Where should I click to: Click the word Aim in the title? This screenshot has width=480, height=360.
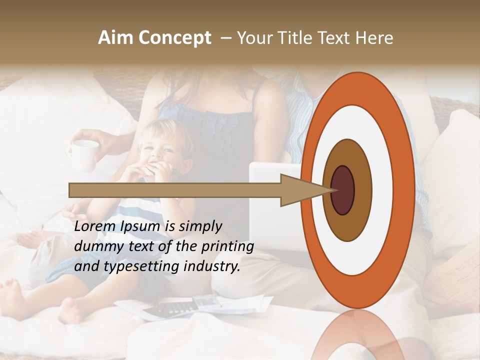(x=114, y=38)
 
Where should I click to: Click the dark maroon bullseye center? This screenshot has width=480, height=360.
(x=343, y=190)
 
